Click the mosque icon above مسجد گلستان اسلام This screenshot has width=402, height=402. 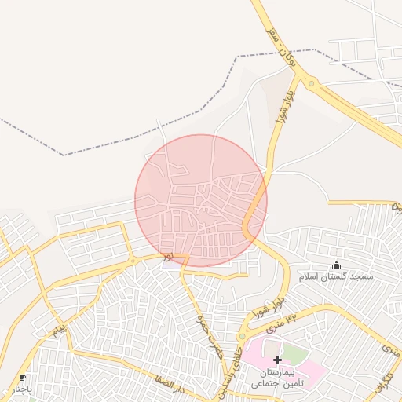(337, 265)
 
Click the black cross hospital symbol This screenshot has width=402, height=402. (277, 359)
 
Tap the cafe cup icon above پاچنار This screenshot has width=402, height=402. (22, 377)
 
